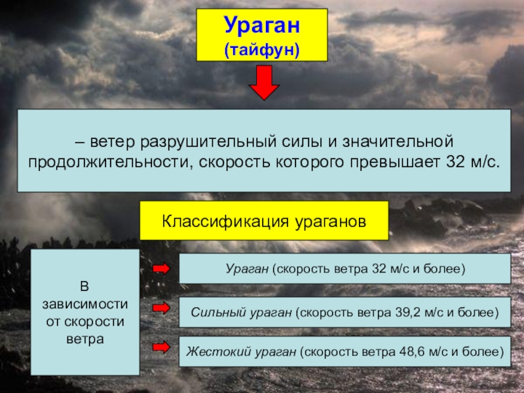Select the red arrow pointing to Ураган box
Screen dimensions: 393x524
coord(161,269)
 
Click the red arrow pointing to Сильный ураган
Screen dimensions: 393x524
coord(161,307)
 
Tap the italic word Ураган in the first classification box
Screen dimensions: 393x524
coord(248,269)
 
